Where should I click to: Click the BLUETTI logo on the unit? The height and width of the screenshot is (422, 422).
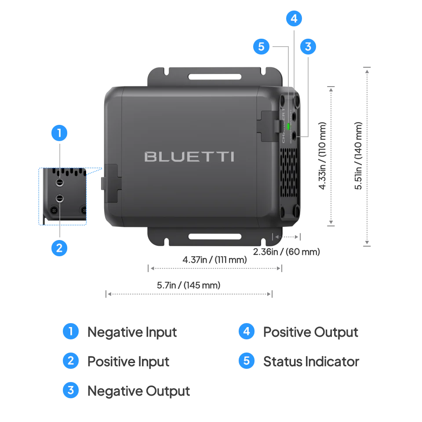[x=189, y=156]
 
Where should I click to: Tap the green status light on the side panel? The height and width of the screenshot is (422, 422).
[x=288, y=127]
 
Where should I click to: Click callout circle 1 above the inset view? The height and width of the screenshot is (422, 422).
[x=59, y=132]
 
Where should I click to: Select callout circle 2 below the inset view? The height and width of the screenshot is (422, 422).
[x=59, y=247]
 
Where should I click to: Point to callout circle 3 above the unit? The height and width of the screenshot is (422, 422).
[x=308, y=47]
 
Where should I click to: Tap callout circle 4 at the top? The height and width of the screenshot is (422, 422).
[x=294, y=19]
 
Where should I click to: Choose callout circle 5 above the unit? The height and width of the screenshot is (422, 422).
[x=261, y=47]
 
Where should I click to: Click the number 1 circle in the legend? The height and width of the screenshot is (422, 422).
[x=71, y=331]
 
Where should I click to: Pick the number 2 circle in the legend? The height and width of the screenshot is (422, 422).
[x=71, y=361]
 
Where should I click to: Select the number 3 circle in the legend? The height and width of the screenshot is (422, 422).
[x=71, y=390]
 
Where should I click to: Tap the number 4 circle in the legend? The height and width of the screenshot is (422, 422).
[x=246, y=331]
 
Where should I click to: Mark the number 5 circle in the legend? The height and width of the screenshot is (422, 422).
[x=246, y=361]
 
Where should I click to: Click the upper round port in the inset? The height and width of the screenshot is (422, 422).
[x=59, y=182]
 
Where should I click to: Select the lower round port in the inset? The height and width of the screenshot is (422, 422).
[x=59, y=199]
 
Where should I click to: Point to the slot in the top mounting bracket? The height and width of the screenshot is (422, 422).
[x=215, y=76]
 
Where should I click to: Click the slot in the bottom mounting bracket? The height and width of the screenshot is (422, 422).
[x=215, y=237]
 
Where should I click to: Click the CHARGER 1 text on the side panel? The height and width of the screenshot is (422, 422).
[x=284, y=125]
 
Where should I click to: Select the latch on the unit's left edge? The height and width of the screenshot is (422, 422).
[x=111, y=182]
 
